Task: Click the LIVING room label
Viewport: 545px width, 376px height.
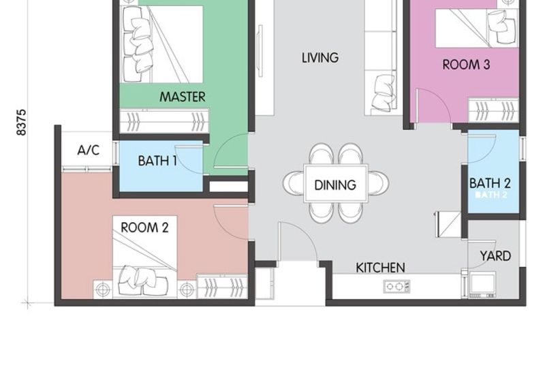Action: (x=320, y=58)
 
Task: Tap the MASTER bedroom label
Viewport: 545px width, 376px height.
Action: (x=183, y=97)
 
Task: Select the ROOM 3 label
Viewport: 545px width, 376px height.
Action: (x=466, y=65)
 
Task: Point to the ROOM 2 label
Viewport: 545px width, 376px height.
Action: (x=144, y=228)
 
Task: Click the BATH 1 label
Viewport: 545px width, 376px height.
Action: (x=157, y=161)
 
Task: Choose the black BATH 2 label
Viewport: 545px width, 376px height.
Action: (x=490, y=183)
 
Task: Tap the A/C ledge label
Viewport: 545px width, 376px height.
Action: (x=89, y=151)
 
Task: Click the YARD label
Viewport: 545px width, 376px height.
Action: (x=495, y=256)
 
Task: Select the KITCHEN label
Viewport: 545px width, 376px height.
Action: (x=380, y=268)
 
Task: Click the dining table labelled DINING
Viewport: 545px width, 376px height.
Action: (x=335, y=183)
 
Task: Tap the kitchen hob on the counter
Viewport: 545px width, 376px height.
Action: (x=397, y=286)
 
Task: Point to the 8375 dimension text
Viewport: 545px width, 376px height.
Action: (x=21, y=123)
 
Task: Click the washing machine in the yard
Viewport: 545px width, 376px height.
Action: (x=482, y=284)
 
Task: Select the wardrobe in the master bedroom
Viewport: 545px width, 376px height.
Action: (x=164, y=121)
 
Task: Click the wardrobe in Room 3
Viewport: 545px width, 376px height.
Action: (x=493, y=111)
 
